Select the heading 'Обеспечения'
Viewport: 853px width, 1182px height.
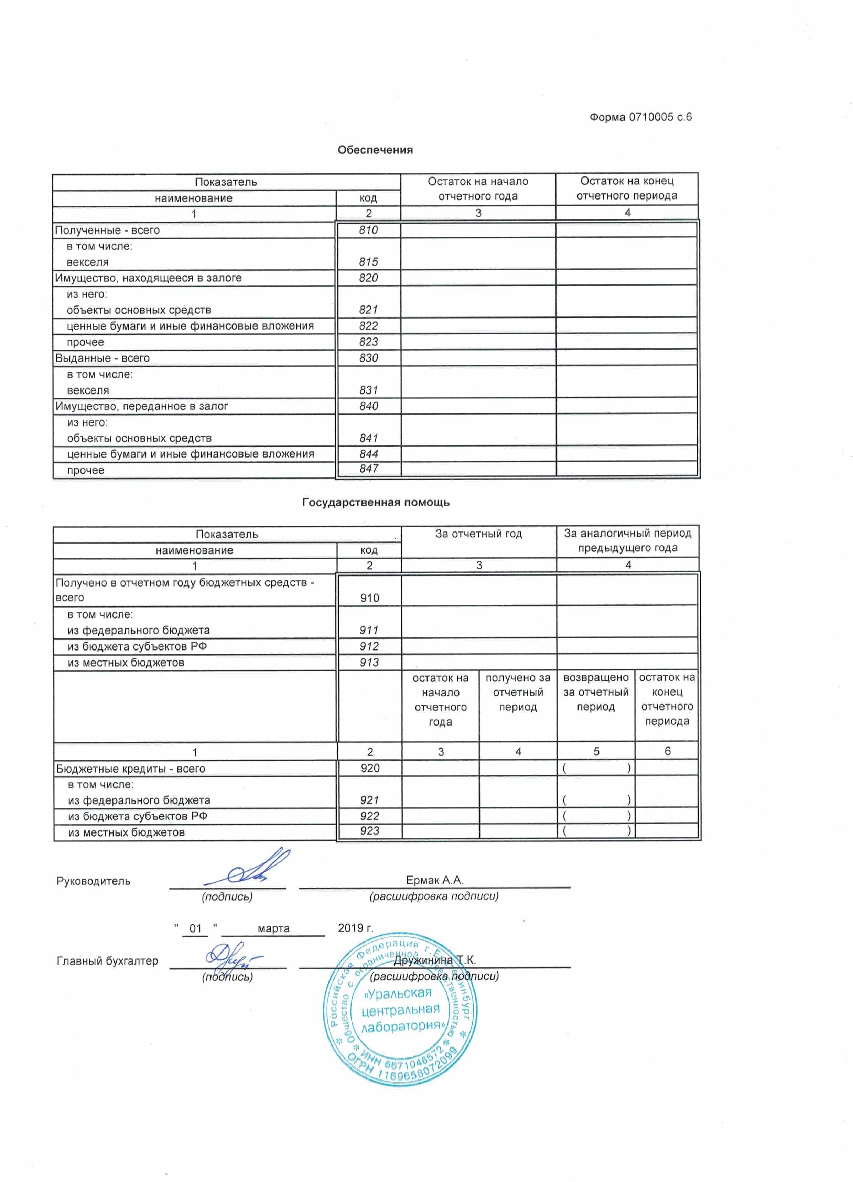coord(375,150)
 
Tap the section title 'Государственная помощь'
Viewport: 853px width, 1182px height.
coord(376,502)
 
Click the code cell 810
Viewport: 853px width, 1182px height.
coord(368,230)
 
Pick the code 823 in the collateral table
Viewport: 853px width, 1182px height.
coord(368,342)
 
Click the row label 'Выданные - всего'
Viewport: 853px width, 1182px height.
coord(102,358)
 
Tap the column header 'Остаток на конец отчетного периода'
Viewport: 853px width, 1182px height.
coord(627,188)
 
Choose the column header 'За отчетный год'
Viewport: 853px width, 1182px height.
coord(478,534)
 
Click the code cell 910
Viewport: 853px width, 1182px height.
coord(369,598)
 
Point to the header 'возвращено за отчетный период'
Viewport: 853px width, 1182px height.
coord(596,692)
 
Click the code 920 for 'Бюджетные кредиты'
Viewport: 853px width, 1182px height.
coord(370,768)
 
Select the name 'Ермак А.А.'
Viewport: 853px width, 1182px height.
coord(434,880)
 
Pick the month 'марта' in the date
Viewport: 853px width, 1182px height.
coord(273,928)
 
